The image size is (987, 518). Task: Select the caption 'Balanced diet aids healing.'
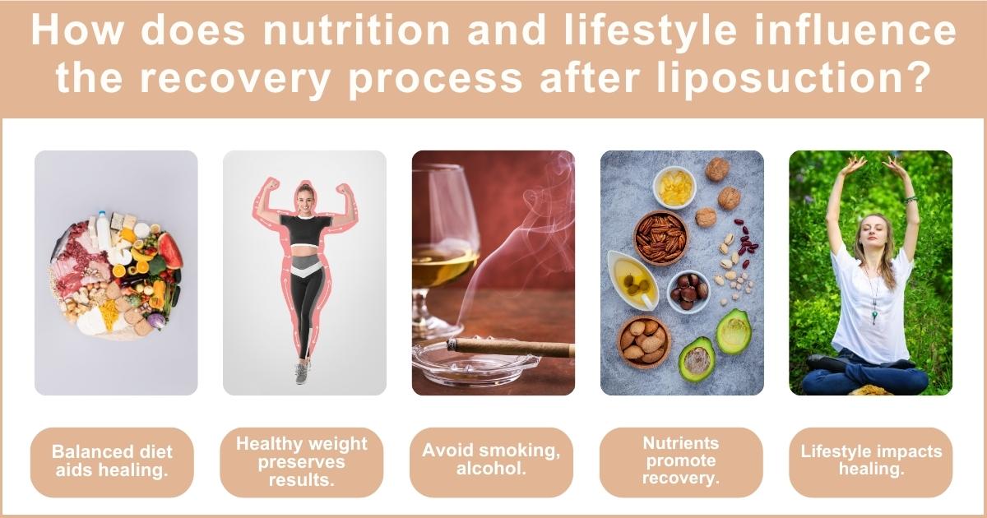point(113,461)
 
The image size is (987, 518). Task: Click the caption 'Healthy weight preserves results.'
point(302,461)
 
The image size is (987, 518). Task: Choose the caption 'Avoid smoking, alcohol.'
point(491,460)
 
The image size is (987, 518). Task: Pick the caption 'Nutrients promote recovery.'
point(680,461)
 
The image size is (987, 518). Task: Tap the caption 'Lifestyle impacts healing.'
point(871,460)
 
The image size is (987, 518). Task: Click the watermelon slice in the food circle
point(171,250)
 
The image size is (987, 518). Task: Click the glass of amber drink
point(443,247)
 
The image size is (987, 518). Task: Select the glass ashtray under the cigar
point(469,362)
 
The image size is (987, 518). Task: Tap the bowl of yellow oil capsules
point(674,187)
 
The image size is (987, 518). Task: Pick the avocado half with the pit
point(697,358)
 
